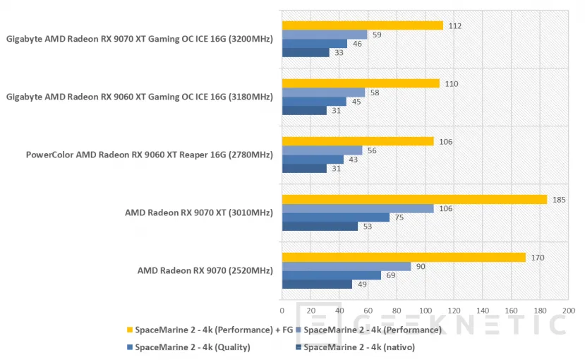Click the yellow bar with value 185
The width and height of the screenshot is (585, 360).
tap(414, 199)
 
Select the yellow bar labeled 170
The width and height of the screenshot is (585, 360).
tap(404, 257)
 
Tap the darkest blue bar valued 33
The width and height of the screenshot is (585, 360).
tap(306, 52)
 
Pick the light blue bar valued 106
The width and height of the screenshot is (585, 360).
tap(358, 208)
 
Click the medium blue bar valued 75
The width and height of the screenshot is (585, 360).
tap(335, 217)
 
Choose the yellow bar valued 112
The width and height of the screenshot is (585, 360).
tap(362, 25)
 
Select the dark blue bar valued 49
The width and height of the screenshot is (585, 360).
tap(317, 284)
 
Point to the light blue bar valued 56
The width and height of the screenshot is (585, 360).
tap(322, 150)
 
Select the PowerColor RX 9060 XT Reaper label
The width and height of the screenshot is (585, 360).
tap(149, 154)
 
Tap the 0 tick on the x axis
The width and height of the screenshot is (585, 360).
tap(282, 310)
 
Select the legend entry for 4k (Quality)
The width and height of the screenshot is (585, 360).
tap(186, 347)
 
